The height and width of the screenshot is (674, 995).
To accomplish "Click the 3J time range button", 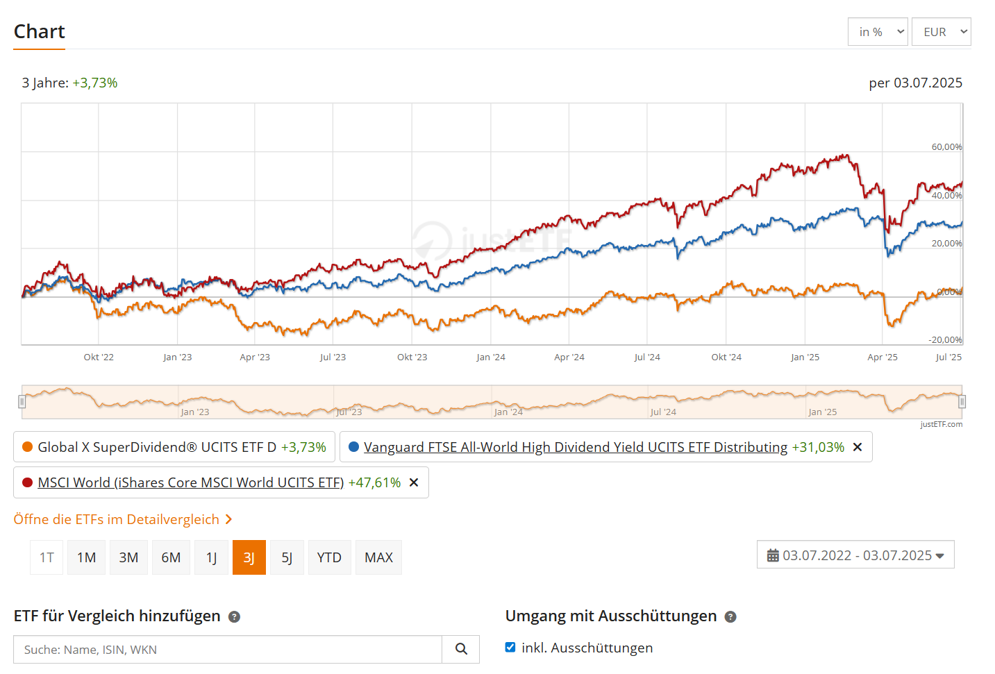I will [249, 557].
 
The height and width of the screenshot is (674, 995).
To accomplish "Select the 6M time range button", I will [171, 557].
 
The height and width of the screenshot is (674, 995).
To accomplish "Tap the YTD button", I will [329, 557].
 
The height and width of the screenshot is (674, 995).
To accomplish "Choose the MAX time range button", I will [378, 557].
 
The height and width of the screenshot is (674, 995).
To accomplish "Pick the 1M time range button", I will [86, 557].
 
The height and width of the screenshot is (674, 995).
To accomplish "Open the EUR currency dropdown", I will [941, 32].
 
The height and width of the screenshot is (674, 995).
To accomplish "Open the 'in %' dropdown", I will [877, 32].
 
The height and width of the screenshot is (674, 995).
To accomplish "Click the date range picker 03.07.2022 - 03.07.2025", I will [855, 555].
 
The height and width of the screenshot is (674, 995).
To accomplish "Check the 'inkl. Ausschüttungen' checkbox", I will [510, 648].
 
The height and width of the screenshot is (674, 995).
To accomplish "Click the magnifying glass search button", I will [461, 649].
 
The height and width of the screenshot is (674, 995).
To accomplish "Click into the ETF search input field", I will [228, 650].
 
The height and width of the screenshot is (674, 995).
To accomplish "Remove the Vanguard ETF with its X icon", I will [858, 447].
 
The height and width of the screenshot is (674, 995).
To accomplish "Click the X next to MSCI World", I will [414, 482].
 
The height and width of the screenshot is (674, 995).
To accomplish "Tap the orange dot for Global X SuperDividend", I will [28, 447].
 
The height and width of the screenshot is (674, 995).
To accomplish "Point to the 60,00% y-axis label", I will [946, 147].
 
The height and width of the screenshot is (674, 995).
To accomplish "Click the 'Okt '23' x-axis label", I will [412, 357].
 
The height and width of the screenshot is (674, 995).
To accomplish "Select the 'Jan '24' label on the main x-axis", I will [491, 357].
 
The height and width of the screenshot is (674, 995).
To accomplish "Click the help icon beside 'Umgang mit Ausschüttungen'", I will [730, 616].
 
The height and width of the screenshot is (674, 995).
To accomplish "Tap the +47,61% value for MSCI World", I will [374, 482].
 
